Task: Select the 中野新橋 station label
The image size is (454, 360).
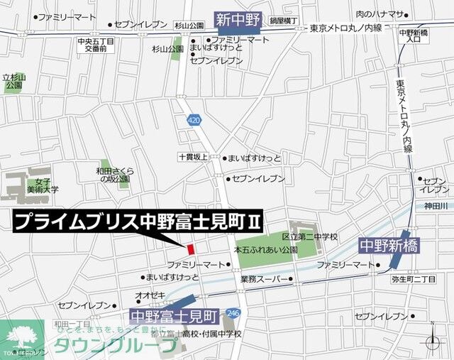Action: [x=389, y=246]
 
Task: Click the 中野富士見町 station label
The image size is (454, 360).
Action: [x=175, y=312]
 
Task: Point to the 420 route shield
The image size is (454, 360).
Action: [x=194, y=121]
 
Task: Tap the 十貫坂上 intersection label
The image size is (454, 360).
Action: [x=193, y=158]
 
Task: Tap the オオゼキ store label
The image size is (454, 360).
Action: [x=150, y=294]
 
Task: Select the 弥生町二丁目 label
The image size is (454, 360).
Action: [x=414, y=280]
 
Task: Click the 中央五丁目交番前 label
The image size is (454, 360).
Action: [x=96, y=45]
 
